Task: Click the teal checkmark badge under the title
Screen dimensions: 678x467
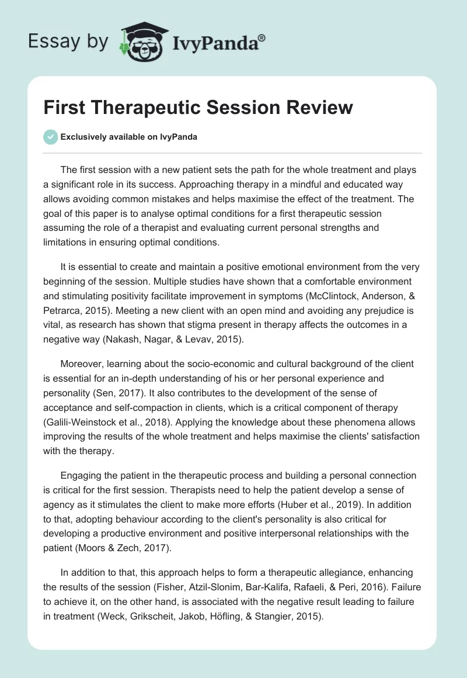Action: tap(50, 137)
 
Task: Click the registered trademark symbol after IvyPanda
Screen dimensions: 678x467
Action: tap(262, 36)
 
